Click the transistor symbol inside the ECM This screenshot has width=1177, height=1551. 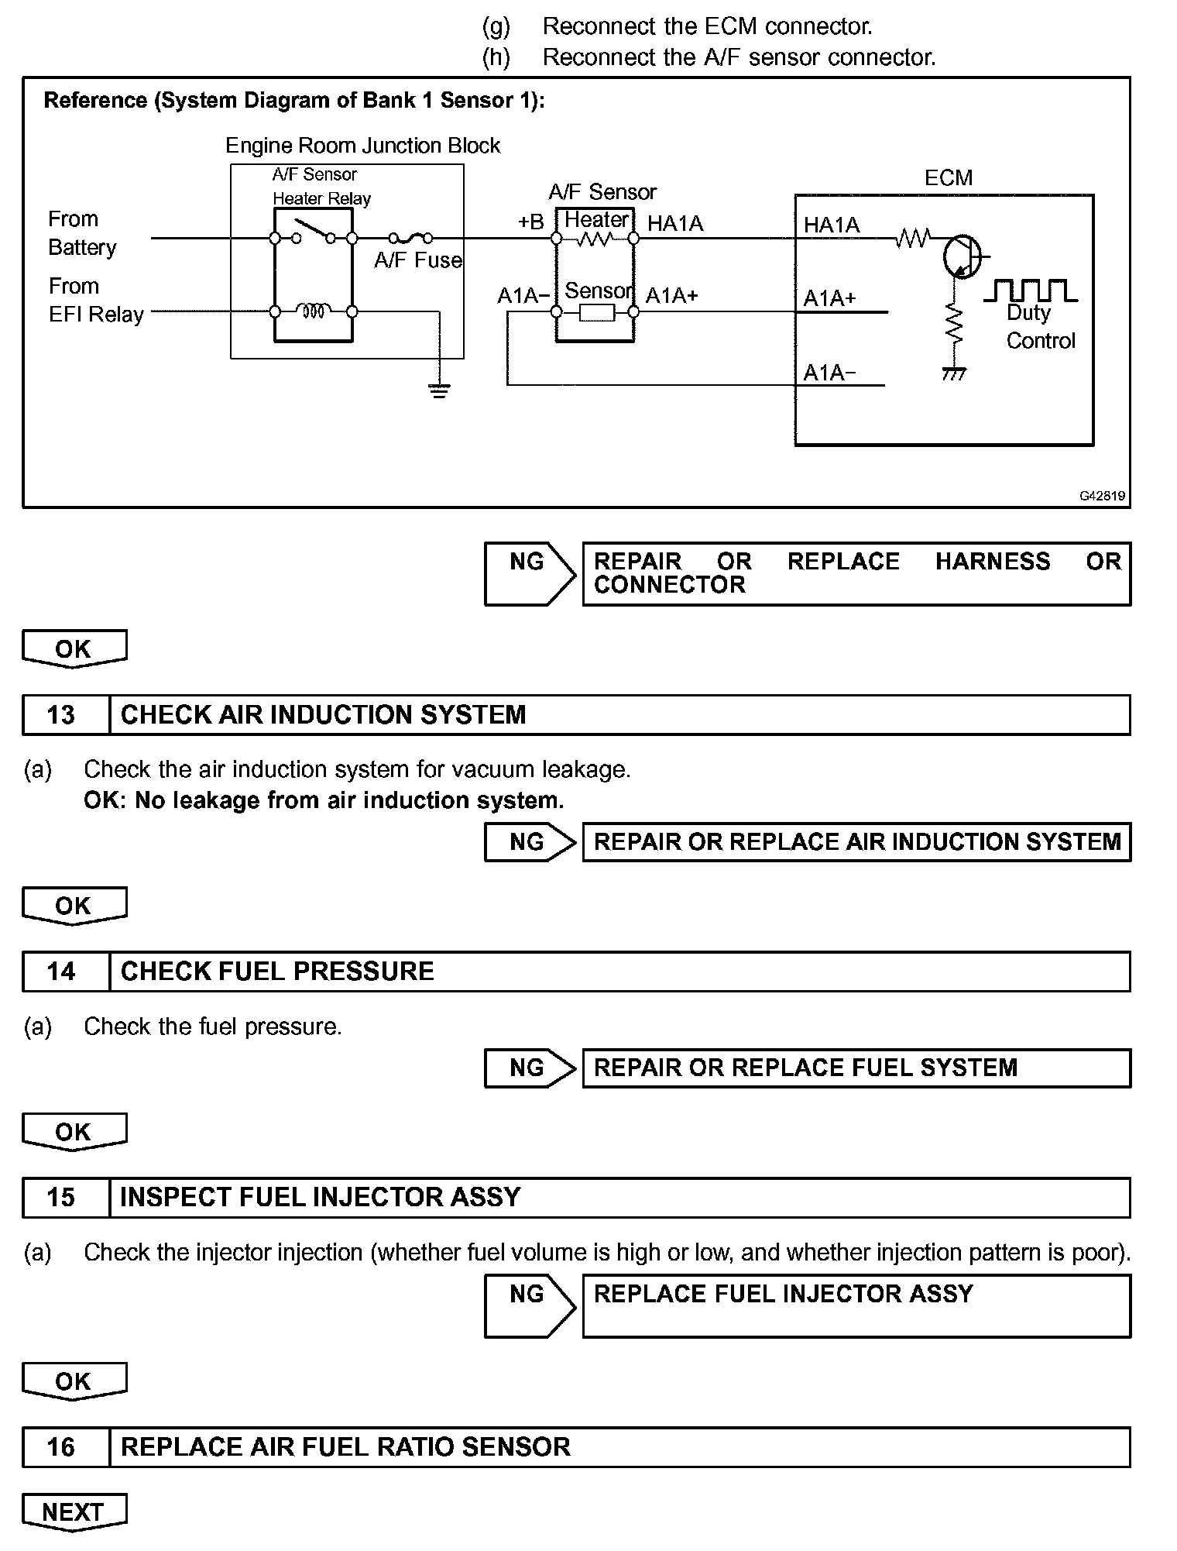(961, 256)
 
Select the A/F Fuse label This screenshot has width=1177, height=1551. (417, 260)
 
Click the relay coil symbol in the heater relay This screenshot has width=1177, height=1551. (313, 311)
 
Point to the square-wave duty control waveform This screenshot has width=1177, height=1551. (1030, 291)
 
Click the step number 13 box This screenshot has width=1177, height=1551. (61, 714)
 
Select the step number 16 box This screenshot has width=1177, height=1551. (61, 1446)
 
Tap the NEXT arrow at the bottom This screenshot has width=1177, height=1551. (73, 1511)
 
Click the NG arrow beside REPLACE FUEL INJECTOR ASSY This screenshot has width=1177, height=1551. (530, 1305)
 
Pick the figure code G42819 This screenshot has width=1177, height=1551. (1103, 496)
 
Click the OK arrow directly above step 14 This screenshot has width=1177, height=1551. (74, 906)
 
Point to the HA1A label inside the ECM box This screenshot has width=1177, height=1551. (832, 225)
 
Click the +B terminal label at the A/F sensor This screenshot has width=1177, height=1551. (531, 222)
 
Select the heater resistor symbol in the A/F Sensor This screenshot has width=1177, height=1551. (595, 239)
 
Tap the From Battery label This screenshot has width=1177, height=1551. (81, 233)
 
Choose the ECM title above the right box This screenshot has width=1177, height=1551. (948, 178)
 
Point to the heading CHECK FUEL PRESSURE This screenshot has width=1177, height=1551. (277, 972)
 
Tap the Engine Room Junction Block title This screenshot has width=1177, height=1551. (362, 146)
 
